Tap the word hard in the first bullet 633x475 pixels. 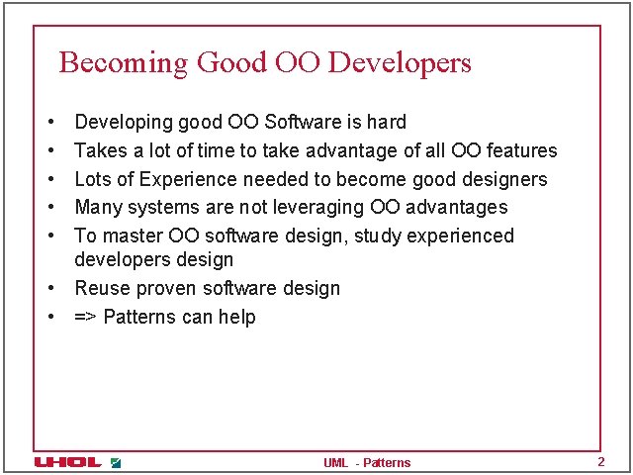click(x=387, y=123)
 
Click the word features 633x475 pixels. click(x=521, y=151)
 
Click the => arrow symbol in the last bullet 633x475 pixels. click(x=86, y=318)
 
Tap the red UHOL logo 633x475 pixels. click(x=67, y=462)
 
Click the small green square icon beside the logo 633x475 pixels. click(x=116, y=462)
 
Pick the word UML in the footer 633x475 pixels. click(x=335, y=463)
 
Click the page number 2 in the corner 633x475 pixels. click(x=599, y=462)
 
